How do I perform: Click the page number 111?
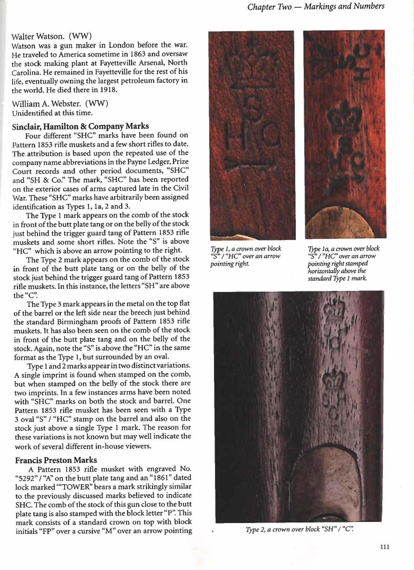click(x=384, y=547)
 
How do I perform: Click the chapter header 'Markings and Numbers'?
click(x=344, y=6)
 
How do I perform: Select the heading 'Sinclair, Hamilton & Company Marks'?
click(x=80, y=126)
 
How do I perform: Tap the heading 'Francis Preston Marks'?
click(x=56, y=460)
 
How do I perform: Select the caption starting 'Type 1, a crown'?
click(x=246, y=256)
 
